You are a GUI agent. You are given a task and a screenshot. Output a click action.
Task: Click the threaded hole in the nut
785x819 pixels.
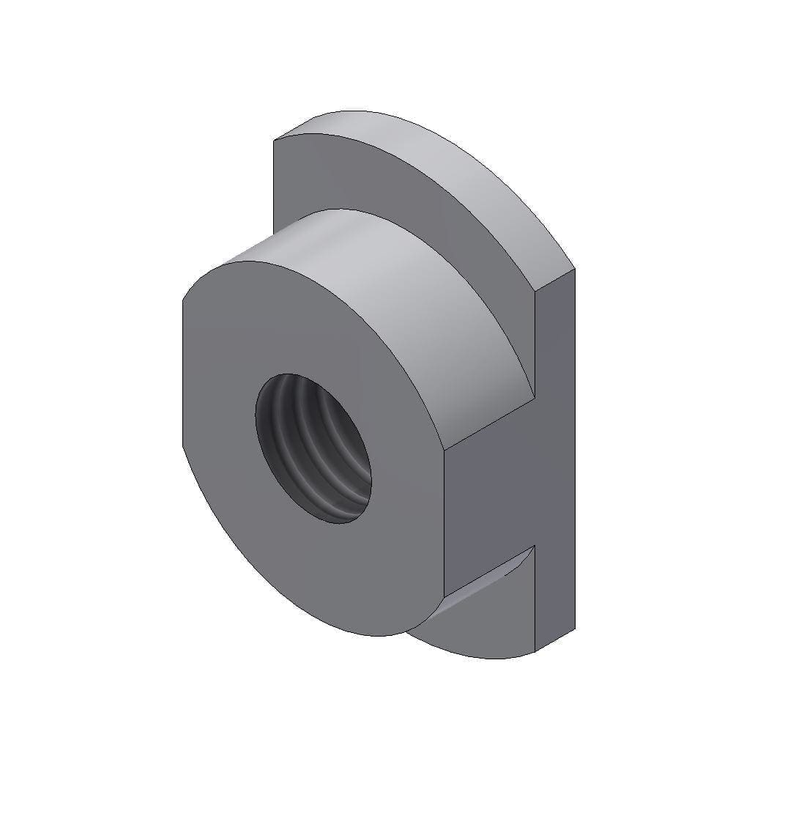point(313,448)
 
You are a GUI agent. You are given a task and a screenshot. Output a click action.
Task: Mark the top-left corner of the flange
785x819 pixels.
point(274,139)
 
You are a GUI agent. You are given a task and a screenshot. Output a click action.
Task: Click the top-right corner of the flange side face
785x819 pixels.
point(575,269)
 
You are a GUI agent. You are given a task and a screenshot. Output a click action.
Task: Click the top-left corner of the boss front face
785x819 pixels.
point(182,299)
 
